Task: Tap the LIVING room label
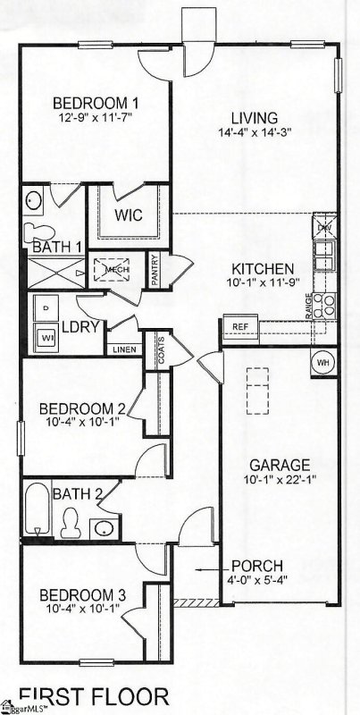click(x=254, y=117)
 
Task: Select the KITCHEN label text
click(x=263, y=268)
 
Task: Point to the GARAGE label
click(x=280, y=465)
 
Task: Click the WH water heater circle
click(x=323, y=362)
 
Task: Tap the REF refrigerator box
click(x=239, y=327)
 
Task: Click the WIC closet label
click(x=127, y=215)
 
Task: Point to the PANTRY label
click(x=155, y=271)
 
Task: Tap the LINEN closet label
click(x=123, y=349)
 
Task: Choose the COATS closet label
click(x=161, y=348)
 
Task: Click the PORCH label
click(x=256, y=566)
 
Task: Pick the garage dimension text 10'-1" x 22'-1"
click(x=280, y=481)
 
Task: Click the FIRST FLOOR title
click(x=93, y=695)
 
